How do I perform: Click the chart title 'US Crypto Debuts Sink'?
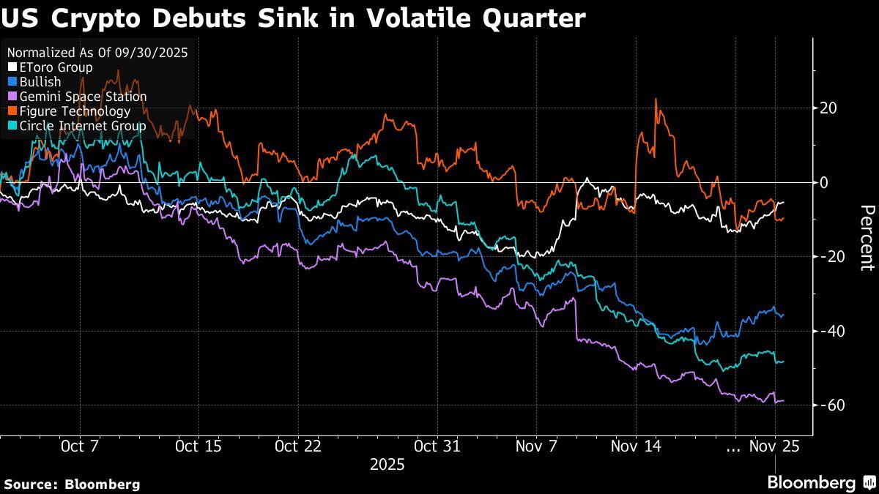[x=293, y=18]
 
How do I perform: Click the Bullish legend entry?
[x=40, y=82]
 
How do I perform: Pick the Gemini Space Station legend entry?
[x=78, y=97]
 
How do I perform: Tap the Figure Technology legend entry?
[x=70, y=111]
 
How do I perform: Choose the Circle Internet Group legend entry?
[x=78, y=126]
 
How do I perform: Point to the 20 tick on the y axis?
[x=828, y=108]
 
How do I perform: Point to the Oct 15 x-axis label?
[x=199, y=446]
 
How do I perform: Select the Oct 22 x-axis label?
[x=297, y=446]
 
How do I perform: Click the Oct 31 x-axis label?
[x=437, y=446]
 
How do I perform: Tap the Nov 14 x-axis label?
[x=636, y=446]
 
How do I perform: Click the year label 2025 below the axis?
[x=387, y=465]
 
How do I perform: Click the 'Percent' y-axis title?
[x=867, y=238]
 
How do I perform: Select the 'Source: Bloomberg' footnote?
[x=72, y=484]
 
